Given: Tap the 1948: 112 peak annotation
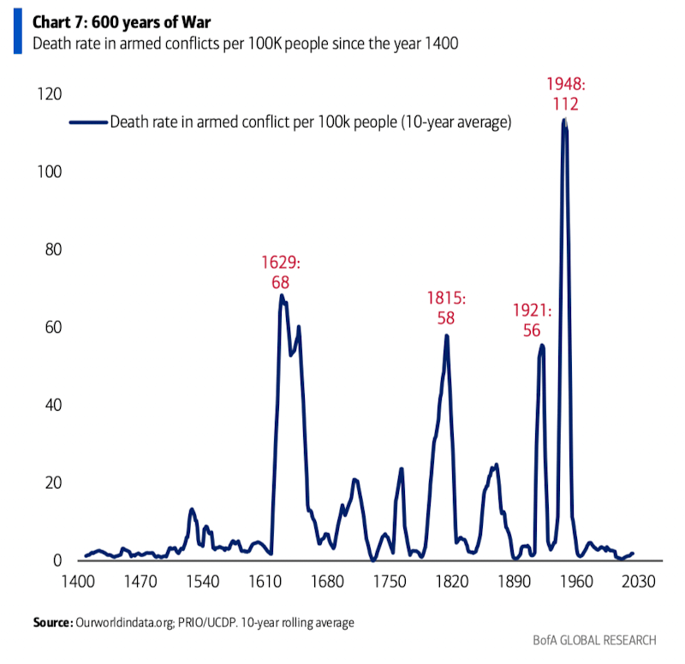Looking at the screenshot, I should point(564,94).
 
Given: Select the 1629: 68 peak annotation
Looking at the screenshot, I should point(282,270).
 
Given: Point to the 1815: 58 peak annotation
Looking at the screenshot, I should point(445,308).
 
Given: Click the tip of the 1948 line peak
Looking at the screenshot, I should point(564,121).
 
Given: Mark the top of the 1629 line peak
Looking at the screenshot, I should point(281,296).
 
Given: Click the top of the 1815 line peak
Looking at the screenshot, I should point(446,335).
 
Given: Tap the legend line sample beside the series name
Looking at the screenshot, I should point(86,122).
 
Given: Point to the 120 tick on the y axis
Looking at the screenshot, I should point(45,94).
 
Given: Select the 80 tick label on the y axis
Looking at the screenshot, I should point(49,250).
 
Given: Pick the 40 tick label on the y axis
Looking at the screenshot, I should point(49,406).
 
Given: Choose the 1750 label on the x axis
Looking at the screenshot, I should point(390,582).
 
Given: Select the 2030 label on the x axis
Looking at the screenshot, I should point(639,582).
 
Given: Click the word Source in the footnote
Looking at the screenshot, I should point(51,623).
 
